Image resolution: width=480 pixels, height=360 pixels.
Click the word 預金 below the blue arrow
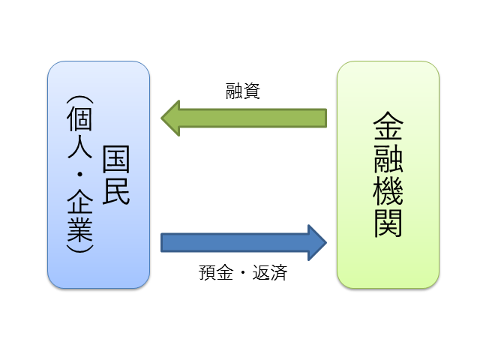(x=214, y=273)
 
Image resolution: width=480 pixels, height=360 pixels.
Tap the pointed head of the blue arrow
(x=317, y=242)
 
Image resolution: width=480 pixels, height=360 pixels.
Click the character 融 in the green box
(x=388, y=162)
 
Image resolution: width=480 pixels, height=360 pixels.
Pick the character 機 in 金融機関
(x=388, y=193)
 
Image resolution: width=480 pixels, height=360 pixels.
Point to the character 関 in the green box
(x=388, y=223)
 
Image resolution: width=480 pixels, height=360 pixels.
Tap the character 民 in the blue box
(x=116, y=191)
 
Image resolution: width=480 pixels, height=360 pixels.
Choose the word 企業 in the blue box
(x=79, y=214)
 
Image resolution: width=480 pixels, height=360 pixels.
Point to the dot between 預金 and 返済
(x=243, y=274)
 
